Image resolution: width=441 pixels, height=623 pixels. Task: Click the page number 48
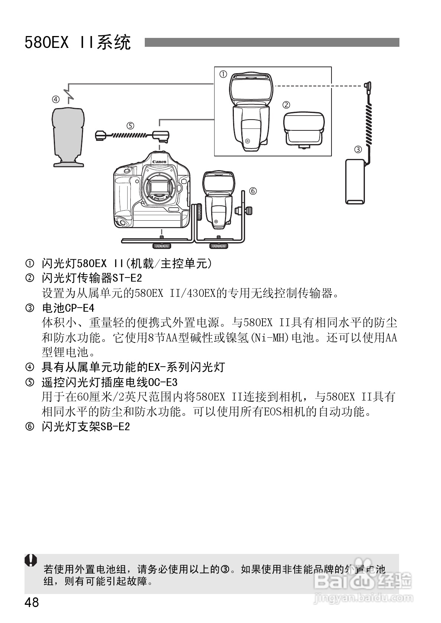click(x=32, y=602)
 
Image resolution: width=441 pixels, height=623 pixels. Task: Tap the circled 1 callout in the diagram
click(x=223, y=74)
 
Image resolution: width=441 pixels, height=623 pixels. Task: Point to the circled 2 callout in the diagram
click(x=286, y=105)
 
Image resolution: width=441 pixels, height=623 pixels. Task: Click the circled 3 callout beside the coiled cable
click(x=358, y=149)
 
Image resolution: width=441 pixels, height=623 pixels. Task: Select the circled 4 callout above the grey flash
click(x=55, y=99)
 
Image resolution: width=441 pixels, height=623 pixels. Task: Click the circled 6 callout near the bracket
click(x=253, y=191)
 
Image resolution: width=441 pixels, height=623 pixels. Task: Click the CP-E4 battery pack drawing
click(x=355, y=181)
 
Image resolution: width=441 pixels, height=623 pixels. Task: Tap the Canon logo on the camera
click(x=159, y=162)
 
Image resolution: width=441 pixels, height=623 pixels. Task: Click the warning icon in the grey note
click(x=31, y=560)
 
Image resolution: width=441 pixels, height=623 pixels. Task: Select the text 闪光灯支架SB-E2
click(x=86, y=426)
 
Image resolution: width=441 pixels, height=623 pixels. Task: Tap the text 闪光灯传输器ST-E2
click(x=92, y=278)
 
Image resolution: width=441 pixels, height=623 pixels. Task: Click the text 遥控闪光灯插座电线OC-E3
click(x=110, y=382)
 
